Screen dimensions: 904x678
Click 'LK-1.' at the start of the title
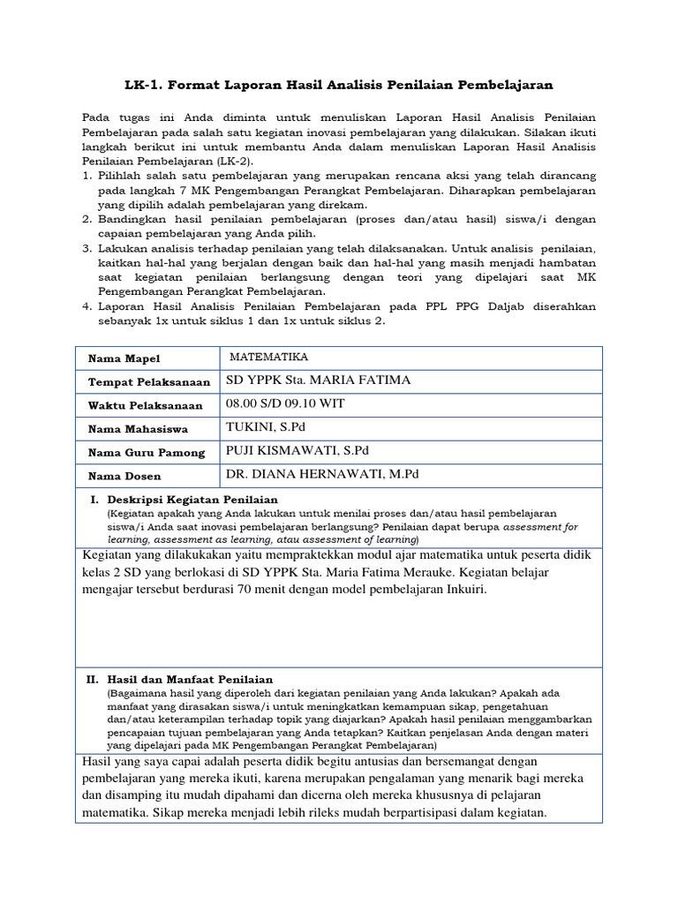click(x=143, y=85)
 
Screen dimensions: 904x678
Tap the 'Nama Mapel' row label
click(x=117, y=358)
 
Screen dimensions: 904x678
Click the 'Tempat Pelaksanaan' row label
click(x=148, y=382)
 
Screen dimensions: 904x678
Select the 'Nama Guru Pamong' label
click(x=146, y=453)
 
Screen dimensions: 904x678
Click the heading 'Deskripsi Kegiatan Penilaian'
click(x=192, y=500)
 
